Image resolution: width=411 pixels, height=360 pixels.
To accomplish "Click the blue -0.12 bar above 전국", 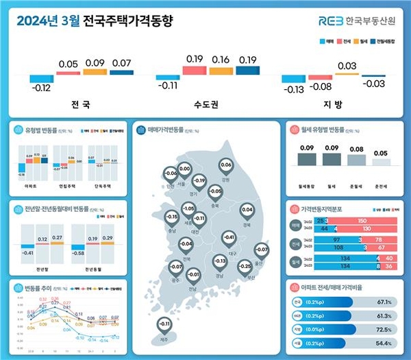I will click(x=42, y=78).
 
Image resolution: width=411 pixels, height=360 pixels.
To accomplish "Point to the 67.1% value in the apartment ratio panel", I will click(x=381, y=302).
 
